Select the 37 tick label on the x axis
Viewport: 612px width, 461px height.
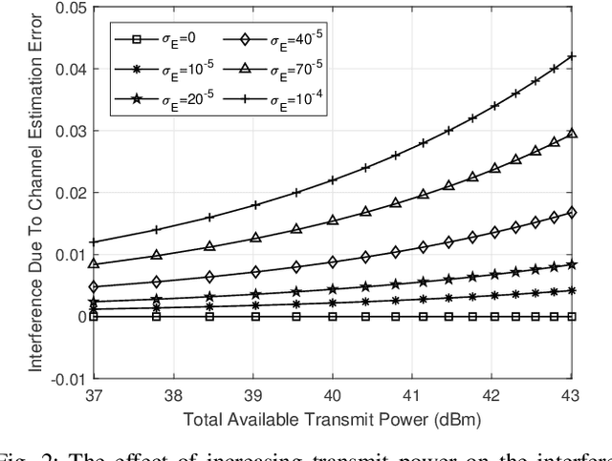coord(94,394)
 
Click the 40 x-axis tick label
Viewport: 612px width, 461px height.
coord(333,394)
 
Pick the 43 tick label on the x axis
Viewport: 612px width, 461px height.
coord(571,394)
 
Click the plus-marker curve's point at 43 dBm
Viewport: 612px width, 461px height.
coord(572,56)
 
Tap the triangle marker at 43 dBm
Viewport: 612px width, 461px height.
coord(572,134)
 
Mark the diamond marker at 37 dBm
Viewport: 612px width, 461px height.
coord(94,286)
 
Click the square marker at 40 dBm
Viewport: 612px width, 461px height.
coord(333,316)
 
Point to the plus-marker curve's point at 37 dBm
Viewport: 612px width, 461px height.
coord(94,241)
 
